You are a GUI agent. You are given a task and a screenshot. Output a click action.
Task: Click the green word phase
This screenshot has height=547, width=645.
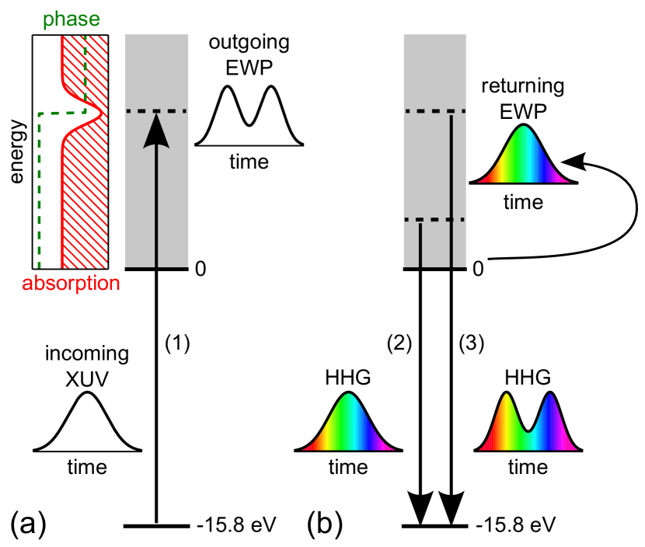coord(71,19)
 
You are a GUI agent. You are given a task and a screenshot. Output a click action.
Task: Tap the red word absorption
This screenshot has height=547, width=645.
coord(71,284)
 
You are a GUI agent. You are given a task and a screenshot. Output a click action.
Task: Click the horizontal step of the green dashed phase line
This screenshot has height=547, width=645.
coord(61,113)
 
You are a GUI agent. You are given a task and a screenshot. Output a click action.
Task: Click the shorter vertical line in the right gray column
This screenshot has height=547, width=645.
coord(420,244)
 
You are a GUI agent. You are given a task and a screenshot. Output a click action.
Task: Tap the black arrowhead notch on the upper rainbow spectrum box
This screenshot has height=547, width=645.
coord(572,160)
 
